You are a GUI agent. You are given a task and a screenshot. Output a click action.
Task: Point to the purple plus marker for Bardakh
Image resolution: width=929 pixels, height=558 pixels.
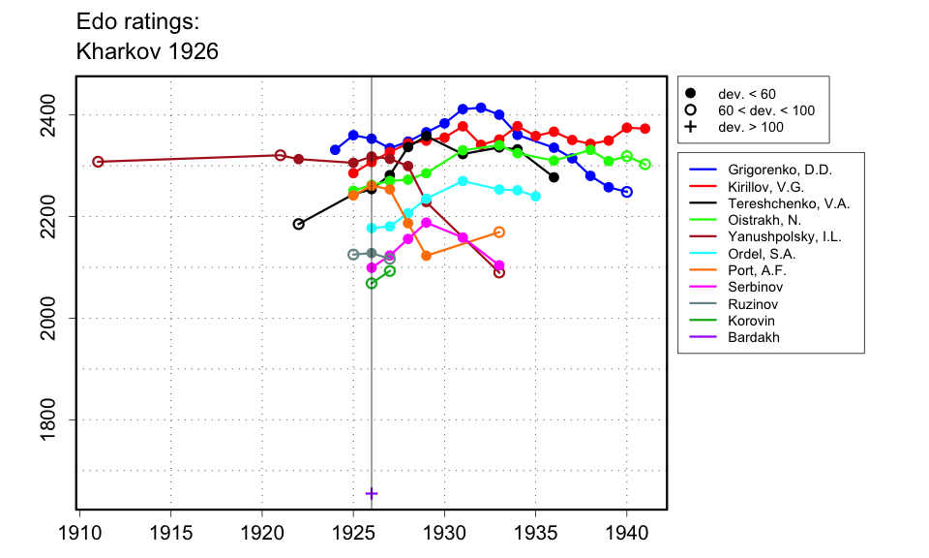point(372,493)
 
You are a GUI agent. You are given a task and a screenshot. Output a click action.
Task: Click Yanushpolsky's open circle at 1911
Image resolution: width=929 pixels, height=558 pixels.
point(98,162)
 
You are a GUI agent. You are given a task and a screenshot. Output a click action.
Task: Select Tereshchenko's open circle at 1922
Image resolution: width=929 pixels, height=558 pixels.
point(299,224)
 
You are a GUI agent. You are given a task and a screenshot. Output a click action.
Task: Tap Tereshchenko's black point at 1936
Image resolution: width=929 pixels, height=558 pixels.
point(554,177)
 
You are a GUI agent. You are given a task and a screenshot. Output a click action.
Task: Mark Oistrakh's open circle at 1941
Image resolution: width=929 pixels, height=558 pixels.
point(645,165)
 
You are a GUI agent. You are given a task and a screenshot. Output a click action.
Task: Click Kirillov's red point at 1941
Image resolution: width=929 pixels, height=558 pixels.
point(645,129)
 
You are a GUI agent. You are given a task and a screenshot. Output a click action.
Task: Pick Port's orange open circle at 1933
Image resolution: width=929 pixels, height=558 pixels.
point(499,232)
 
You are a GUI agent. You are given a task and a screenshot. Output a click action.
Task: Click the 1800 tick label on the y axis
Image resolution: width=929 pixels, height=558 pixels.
point(57,419)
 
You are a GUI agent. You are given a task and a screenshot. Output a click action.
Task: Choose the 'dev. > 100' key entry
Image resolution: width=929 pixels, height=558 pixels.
point(750,127)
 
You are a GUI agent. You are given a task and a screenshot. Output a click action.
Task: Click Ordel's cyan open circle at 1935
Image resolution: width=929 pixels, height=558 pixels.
point(536,197)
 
